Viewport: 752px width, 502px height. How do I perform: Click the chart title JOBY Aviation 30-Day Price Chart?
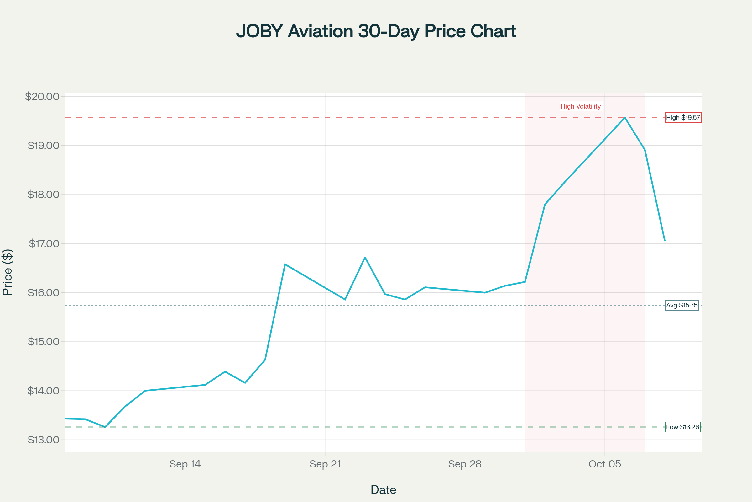[x=376, y=31]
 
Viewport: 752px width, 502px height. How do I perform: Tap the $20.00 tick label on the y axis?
[x=42, y=96]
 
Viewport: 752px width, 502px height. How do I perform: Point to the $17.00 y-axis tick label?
[x=44, y=244]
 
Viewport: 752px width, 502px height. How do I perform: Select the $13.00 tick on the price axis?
[x=44, y=440]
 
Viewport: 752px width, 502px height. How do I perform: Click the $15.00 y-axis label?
[x=44, y=342]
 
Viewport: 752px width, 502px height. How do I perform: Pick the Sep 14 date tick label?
[x=185, y=464]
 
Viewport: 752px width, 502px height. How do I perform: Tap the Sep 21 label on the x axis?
[x=325, y=464]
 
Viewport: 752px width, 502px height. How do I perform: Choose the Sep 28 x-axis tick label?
[x=465, y=464]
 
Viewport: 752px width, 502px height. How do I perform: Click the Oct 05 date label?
[x=605, y=464]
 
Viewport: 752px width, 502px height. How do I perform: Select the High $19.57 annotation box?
[x=683, y=118]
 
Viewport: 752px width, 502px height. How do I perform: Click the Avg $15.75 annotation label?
[x=682, y=305]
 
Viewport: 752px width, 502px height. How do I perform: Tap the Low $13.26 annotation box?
[x=683, y=427]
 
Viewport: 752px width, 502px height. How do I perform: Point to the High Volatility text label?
[x=581, y=106]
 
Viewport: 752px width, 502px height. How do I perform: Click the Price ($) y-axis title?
[x=7, y=272]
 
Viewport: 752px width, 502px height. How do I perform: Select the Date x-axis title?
[x=383, y=490]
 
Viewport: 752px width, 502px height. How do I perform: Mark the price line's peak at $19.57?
[x=625, y=118]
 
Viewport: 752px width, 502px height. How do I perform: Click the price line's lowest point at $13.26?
[x=105, y=427]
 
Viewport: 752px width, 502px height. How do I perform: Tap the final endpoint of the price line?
[x=665, y=241]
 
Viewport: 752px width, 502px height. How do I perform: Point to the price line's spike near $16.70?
[x=365, y=257]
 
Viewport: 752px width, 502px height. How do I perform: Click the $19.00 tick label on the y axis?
[x=44, y=146]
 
